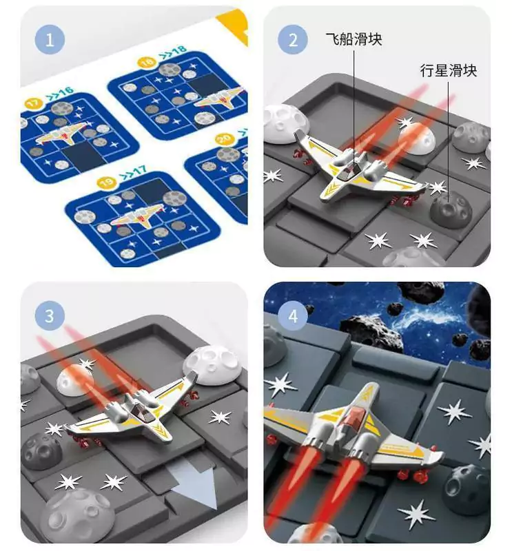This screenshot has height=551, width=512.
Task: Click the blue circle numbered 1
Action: point(50,39)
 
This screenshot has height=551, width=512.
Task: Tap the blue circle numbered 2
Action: point(293,39)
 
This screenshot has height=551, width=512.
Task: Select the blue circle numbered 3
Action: point(50,315)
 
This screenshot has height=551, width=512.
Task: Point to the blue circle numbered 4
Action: point(293,315)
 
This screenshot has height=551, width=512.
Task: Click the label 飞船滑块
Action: point(354,39)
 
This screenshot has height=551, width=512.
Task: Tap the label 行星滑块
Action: point(449,71)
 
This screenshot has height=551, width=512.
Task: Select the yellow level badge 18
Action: point(147,63)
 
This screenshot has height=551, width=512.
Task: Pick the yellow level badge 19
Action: point(107,182)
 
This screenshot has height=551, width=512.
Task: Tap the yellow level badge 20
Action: point(225,140)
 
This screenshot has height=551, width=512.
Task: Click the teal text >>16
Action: point(59,94)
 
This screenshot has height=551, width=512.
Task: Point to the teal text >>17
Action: point(132,172)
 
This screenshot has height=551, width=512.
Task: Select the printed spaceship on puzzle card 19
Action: point(136,218)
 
